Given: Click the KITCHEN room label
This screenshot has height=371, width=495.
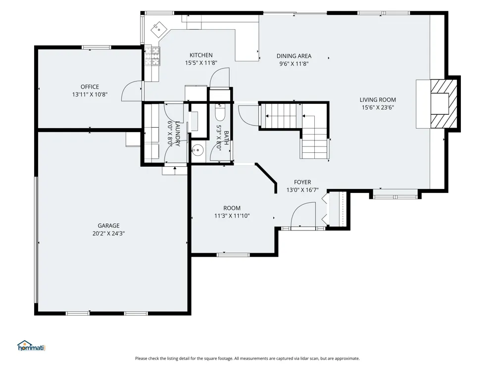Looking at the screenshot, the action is click(x=201, y=55).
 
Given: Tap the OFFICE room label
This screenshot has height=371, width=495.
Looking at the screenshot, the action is click(x=90, y=87).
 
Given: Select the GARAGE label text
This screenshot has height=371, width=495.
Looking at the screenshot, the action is click(x=108, y=226).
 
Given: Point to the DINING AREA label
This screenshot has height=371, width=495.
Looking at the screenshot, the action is click(x=294, y=56).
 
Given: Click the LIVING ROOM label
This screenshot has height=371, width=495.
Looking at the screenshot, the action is click(x=378, y=100).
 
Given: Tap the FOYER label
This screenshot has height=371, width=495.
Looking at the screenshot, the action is click(x=302, y=182).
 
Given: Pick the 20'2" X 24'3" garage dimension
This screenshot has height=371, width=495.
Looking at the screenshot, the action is click(x=108, y=233).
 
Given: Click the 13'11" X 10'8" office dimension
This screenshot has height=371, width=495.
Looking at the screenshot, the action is click(x=90, y=94).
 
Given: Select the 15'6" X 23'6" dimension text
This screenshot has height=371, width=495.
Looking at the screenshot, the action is click(x=378, y=107).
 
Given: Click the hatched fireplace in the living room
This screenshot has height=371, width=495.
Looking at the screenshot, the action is click(x=444, y=104).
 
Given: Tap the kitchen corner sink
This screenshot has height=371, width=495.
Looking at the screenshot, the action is click(x=159, y=30).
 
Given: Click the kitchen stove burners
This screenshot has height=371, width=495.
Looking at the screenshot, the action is click(x=152, y=56).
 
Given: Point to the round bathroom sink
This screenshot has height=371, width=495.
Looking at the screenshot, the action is click(x=198, y=149).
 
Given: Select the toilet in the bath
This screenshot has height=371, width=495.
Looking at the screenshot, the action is click(x=220, y=112).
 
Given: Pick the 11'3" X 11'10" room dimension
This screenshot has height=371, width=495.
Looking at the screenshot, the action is click(x=232, y=216).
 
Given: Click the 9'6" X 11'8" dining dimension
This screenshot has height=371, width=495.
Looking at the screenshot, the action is click(x=294, y=64).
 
